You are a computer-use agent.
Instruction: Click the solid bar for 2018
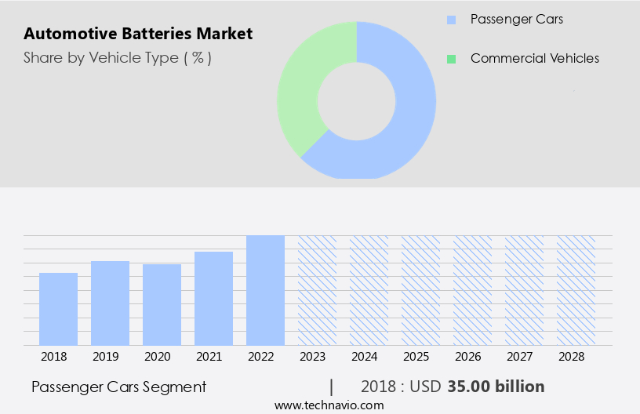click(58, 309)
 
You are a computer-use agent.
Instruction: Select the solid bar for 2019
click(110, 303)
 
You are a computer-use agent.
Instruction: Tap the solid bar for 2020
click(162, 304)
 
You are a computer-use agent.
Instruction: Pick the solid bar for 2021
click(213, 298)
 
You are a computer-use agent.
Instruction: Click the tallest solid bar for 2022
click(265, 290)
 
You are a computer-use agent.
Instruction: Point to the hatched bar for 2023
click(317, 290)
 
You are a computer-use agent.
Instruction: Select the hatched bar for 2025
click(420, 290)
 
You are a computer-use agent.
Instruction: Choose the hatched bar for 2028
click(576, 290)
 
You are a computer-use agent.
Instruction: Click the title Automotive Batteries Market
click(138, 34)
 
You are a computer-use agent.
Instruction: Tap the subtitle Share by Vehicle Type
click(118, 57)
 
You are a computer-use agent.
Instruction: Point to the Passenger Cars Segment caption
click(119, 387)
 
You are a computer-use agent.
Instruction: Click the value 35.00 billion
click(496, 387)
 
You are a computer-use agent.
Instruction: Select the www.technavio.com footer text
click(329, 405)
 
